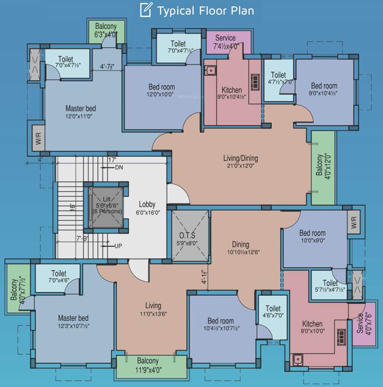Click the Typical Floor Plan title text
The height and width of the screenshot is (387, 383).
click(205, 10)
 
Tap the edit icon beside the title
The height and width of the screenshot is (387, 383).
click(146, 10)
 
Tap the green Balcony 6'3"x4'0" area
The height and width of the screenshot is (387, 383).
click(105, 31)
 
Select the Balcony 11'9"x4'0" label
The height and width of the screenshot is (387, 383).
click(147, 365)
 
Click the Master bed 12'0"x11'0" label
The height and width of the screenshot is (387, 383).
click(81, 112)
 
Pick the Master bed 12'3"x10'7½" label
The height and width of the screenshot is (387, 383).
click(73, 322)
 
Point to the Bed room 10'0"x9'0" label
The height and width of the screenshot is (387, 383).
click(312, 237)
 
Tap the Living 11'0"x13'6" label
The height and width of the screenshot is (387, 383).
click(153, 310)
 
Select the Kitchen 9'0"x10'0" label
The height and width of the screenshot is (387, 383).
click(312, 328)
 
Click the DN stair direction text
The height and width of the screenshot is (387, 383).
click(119, 167)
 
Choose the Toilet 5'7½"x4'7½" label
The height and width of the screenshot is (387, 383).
click(330, 287)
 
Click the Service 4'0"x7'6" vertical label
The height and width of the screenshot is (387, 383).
click(363, 324)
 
